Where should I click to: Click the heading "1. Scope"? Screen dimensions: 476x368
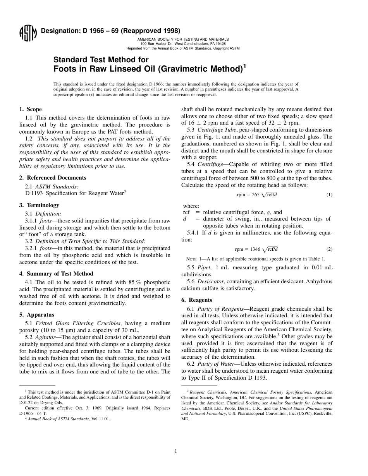coord(31,110)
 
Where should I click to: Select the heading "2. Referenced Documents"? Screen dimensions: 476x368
coord(53,178)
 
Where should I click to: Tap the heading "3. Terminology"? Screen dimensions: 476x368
coord(39,205)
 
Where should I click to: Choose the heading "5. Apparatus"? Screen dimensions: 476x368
coord(37,315)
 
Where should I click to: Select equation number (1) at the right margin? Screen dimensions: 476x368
coord(329,195)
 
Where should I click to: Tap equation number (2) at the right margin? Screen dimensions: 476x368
coord(329,250)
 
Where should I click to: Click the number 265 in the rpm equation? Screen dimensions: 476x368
coord(255,195)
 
